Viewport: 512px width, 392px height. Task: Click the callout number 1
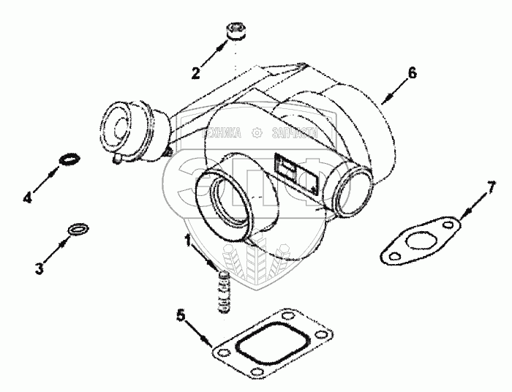click(x=188, y=240)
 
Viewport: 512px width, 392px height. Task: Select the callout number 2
click(x=195, y=72)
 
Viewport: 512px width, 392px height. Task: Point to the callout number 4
click(x=29, y=197)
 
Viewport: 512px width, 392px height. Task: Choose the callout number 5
click(x=181, y=316)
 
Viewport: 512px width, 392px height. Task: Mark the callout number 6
click(x=413, y=72)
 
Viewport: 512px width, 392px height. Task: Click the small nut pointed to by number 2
click(x=236, y=33)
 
